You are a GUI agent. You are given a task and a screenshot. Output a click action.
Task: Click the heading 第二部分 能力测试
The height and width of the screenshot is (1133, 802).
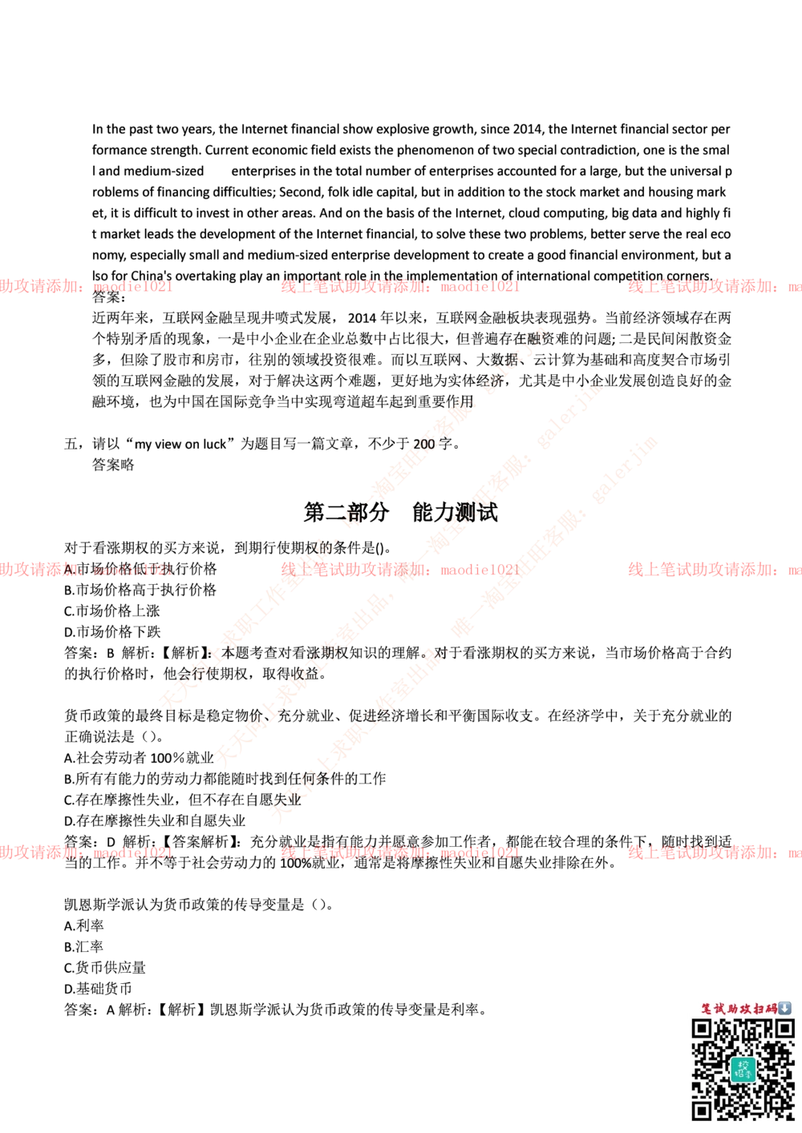click(x=400, y=512)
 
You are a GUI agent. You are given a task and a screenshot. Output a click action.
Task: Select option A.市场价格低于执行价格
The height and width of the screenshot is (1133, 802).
click(x=140, y=569)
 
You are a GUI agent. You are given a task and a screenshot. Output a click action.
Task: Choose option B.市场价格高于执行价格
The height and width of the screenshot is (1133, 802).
click(x=140, y=590)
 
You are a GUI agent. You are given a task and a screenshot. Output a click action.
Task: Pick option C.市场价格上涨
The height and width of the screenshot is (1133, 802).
click(x=112, y=611)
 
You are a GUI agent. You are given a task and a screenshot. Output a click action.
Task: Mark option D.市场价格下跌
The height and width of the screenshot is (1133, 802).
click(x=112, y=631)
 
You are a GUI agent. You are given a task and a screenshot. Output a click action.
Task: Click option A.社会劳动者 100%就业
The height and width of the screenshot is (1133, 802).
click(x=139, y=758)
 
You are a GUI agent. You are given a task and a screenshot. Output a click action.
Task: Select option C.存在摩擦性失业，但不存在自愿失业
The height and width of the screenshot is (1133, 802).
click(x=182, y=800)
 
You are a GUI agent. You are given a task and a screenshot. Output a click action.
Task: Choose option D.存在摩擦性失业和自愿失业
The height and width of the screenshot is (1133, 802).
click(x=155, y=821)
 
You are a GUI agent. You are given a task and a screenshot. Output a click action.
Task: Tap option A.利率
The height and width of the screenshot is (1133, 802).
click(x=83, y=925)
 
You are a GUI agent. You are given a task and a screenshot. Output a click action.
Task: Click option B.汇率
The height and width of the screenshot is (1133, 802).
click(x=83, y=946)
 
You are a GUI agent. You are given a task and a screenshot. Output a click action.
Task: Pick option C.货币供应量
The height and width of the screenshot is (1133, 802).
click(x=105, y=968)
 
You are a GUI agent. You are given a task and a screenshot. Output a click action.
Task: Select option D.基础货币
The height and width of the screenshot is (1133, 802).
click(x=98, y=988)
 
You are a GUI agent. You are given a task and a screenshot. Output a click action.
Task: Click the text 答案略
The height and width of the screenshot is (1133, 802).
click(x=113, y=464)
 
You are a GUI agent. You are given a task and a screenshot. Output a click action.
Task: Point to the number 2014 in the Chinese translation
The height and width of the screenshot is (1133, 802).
click(x=362, y=318)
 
